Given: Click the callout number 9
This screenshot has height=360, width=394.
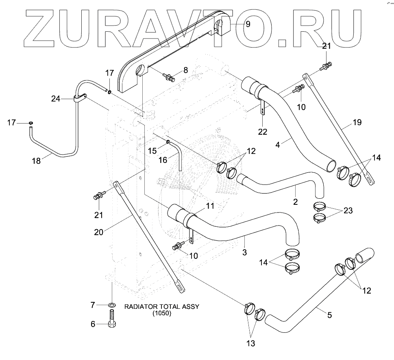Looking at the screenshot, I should [x=248, y=24].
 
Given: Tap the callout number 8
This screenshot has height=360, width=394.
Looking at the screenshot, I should [x=185, y=70].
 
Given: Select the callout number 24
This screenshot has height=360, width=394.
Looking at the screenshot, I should [x=56, y=98].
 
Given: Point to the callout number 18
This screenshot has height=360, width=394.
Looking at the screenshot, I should [x=36, y=161].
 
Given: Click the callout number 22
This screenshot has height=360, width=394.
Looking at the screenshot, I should [x=263, y=131].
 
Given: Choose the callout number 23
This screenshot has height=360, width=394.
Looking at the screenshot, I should [x=348, y=210].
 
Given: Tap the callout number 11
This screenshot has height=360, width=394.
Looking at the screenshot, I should [x=209, y=206].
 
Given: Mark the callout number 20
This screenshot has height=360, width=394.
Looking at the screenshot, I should [x=98, y=232].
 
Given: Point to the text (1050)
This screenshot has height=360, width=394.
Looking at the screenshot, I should [x=162, y=314].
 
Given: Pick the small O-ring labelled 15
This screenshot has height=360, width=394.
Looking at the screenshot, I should [x=168, y=142].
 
